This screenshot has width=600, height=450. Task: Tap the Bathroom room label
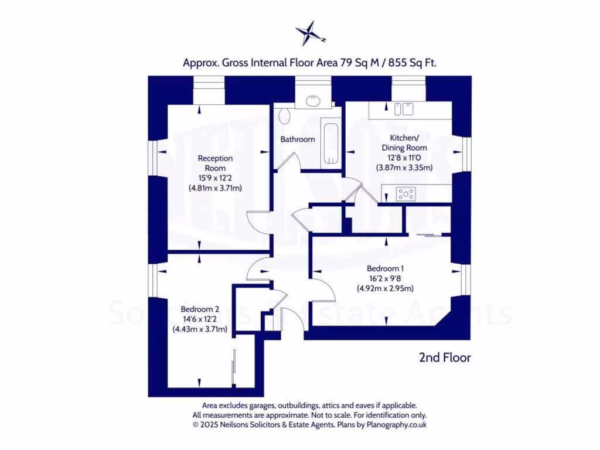(x=298, y=139)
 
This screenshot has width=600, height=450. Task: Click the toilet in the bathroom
(x=285, y=116)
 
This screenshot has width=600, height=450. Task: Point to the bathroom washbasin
(x=314, y=100)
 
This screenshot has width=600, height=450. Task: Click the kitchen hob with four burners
(x=406, y=193)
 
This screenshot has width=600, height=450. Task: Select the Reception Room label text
(x=215, y=163)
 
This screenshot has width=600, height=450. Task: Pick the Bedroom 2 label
(x=200, y=309)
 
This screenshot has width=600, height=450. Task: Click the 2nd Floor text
(x=445, y=357)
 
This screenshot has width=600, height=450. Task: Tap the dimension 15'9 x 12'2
(x=215, y=178)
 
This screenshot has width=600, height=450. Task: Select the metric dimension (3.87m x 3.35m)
(x=404, y=168)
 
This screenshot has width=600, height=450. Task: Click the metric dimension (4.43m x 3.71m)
(x=200, y=329)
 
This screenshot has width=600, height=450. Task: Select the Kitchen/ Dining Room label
(x=404, y=142)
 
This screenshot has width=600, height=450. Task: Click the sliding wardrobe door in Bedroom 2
(x=234, y=368)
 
